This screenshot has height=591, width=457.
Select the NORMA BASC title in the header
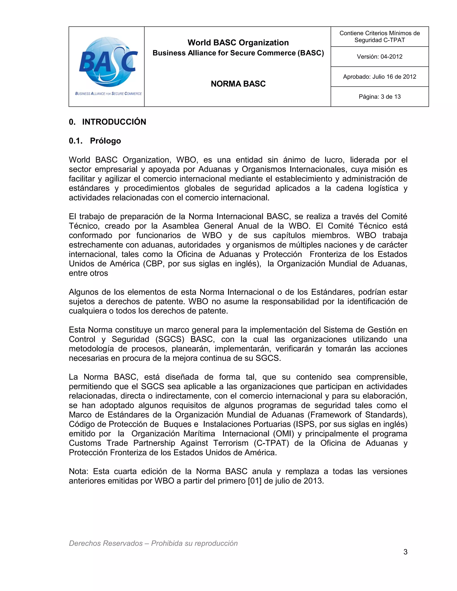click(x=238, y=84)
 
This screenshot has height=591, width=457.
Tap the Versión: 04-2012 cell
click(x=379, y=57)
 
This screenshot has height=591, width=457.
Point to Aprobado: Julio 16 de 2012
click(x=379, y=76)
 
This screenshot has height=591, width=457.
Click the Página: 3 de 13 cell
click(x=379, y=97)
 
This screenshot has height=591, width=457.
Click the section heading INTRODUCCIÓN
click(x=114, y=122)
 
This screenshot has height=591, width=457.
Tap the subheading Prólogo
click(x=105, y=141)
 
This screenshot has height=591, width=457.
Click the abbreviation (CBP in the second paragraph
click(x=154, y=264)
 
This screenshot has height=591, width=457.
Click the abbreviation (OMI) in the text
click(x=283, y=434)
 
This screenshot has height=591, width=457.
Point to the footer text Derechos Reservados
click(x=106, y=543)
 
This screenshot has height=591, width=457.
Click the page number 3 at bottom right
click(x=405, y=552)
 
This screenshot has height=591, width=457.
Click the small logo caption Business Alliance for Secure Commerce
click(x=108, y=94)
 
